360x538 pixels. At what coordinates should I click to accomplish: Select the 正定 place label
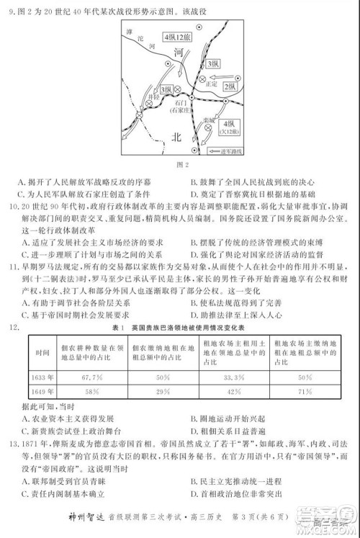(210, 84)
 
